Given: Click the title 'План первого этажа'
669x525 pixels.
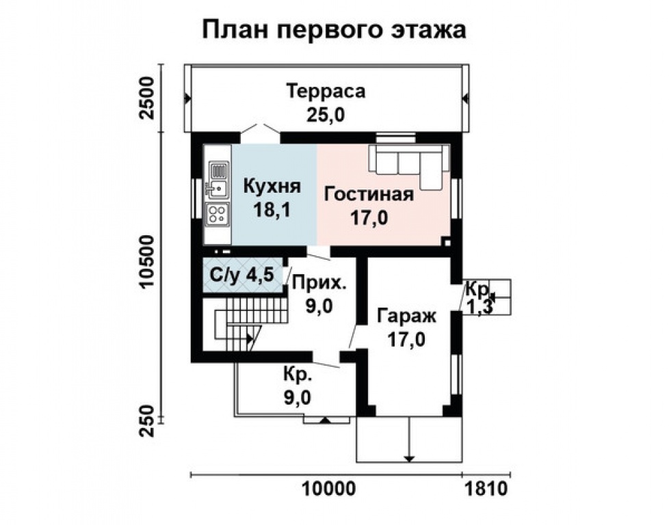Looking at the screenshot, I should coord(334,30).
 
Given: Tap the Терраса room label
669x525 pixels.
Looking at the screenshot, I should coord(326,91).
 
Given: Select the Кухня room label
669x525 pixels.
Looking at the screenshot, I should coord(273,187).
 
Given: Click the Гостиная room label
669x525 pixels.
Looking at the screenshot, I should coord(369,194).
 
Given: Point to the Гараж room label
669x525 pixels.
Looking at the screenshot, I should coord(406,316).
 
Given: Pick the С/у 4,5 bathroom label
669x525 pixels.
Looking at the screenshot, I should coord(241,275).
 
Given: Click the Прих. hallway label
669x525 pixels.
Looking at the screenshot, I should coord(319,282).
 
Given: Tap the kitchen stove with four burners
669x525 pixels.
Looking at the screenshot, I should coord(218,215).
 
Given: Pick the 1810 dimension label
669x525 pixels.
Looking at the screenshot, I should coord(487,489).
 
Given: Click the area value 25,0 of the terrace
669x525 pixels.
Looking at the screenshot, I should coord(325,113).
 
